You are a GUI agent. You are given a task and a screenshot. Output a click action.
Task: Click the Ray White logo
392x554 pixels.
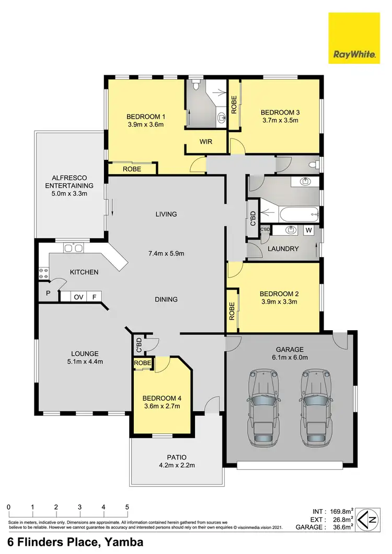coord(353,38)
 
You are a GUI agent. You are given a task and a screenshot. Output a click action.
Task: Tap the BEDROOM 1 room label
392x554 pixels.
coord(146,117)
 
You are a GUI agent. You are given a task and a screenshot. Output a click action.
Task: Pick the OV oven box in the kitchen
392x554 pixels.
coord(78,297)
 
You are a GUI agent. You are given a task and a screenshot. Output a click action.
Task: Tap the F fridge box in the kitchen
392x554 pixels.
coord(94,297)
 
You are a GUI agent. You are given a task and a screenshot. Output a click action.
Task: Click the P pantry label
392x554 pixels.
coord(48,293)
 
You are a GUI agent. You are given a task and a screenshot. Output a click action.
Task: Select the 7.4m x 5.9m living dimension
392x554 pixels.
coord(166,253)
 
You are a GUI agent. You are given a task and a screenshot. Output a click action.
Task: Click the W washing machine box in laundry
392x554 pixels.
coord(308,230)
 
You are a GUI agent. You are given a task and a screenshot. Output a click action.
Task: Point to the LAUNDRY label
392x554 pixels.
coord(283,249)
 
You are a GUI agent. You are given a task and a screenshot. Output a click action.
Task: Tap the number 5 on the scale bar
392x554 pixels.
coord(127,507)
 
